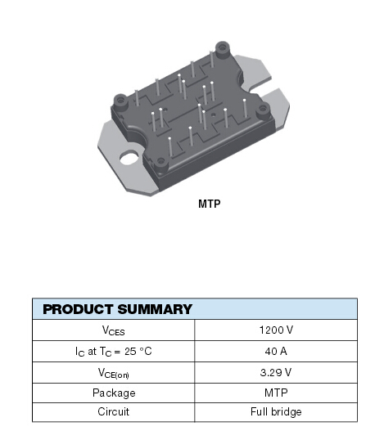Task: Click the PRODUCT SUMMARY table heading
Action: click(x=117, y=309)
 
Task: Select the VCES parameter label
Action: click(x=113, y=330)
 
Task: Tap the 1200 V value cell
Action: click(x=276, y=330)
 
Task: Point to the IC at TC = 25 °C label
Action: click(x=113, y=351)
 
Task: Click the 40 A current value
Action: click(x=276, y=351)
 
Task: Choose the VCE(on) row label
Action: click(x=113, y=372)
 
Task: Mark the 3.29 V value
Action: click(x=276, y=371)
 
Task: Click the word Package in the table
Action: click(x=113, y=392)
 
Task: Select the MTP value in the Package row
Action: click(x=276, y=392)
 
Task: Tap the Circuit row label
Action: click(x=113, y=411)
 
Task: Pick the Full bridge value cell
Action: click(x=276, y=411)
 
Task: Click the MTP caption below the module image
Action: click(x=209, y=204)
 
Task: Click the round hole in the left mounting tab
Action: click(x=129, y=155)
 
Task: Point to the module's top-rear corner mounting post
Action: click(x=221, y=49)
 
